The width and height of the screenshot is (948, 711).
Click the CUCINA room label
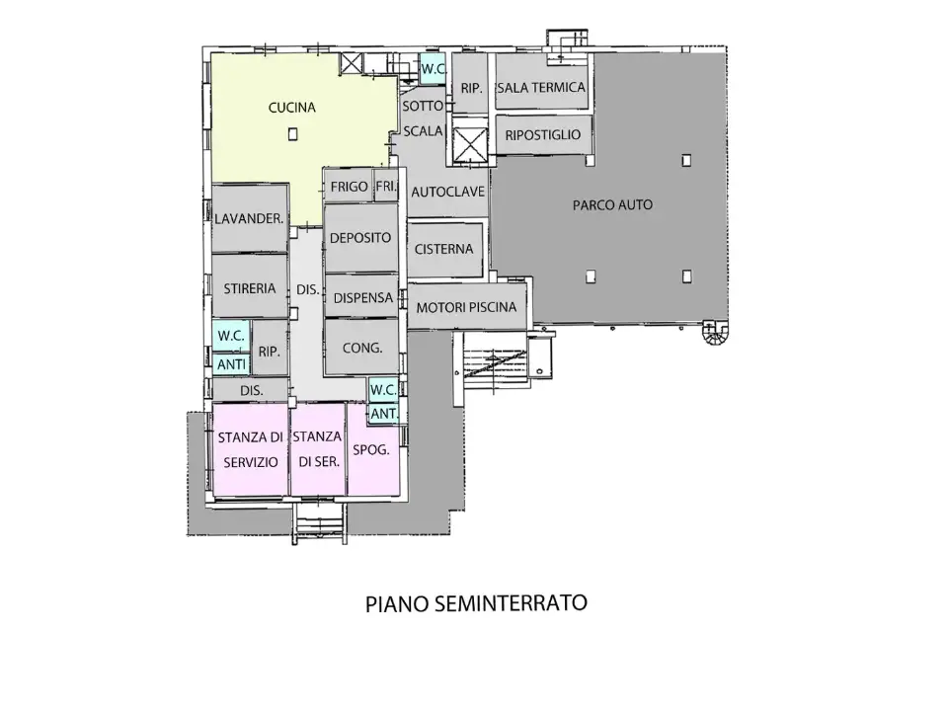[292, 108]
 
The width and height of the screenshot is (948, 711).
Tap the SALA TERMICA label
[541, 88]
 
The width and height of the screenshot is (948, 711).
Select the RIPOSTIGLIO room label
[543, 134]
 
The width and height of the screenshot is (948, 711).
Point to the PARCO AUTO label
[612, 205]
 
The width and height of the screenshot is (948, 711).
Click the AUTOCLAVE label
[447, 192]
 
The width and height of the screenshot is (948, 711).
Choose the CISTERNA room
[444, 249]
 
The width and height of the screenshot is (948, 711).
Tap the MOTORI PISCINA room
[466, 307]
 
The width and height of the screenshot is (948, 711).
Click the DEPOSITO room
[360, 238]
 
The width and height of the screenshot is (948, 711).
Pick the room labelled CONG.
[360, 348]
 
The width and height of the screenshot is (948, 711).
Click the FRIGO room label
[350, 186]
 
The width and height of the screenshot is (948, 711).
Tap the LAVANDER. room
[250, 218]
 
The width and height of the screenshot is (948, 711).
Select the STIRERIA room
[249, 289]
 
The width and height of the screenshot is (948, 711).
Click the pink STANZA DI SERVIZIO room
[250, 448]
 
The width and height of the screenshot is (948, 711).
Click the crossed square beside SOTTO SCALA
[469, 144]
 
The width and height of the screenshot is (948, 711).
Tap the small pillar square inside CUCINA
[293, 135]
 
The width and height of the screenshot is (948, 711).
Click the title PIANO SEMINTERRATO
[476, 602]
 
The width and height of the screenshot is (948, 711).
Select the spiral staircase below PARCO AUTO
[714, 337]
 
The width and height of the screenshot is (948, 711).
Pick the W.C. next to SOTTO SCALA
[432, 70]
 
